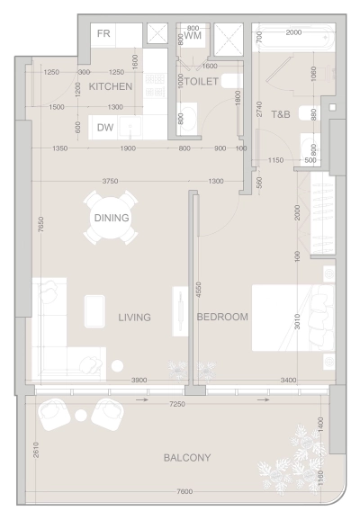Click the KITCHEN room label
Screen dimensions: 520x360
click(x=111, y=86)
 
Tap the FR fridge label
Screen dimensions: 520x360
click(x=105, y=35)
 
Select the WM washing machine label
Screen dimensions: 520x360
click(x=193, y=35)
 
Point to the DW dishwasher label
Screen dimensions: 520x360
click(x=105, y=128)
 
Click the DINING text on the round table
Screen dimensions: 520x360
click(x=112, y=218)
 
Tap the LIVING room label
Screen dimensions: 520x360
click(x=134, y=318)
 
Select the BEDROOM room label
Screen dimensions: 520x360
click(x=222, y=318)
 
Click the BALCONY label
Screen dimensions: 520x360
click(x=187, y=458)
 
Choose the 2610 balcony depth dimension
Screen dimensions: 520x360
click(x=35, y=450)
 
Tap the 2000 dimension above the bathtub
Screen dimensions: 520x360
click(x=294, y=32)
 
